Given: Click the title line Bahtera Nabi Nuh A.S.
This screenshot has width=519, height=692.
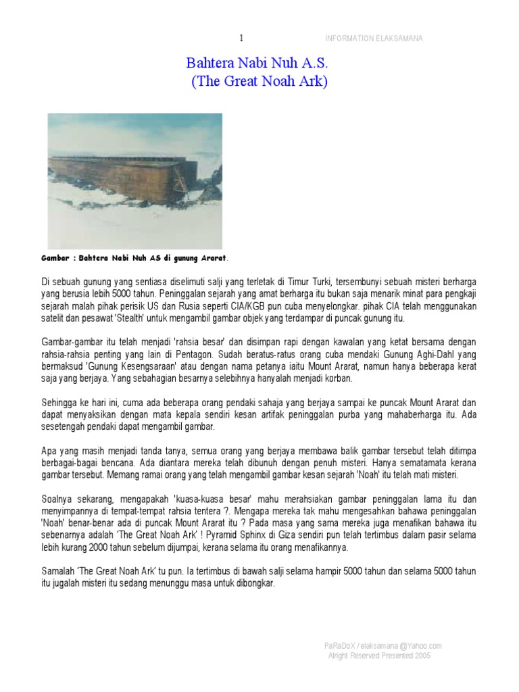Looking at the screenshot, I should (256, 64).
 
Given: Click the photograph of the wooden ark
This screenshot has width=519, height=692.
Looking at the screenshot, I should (134, 180).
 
